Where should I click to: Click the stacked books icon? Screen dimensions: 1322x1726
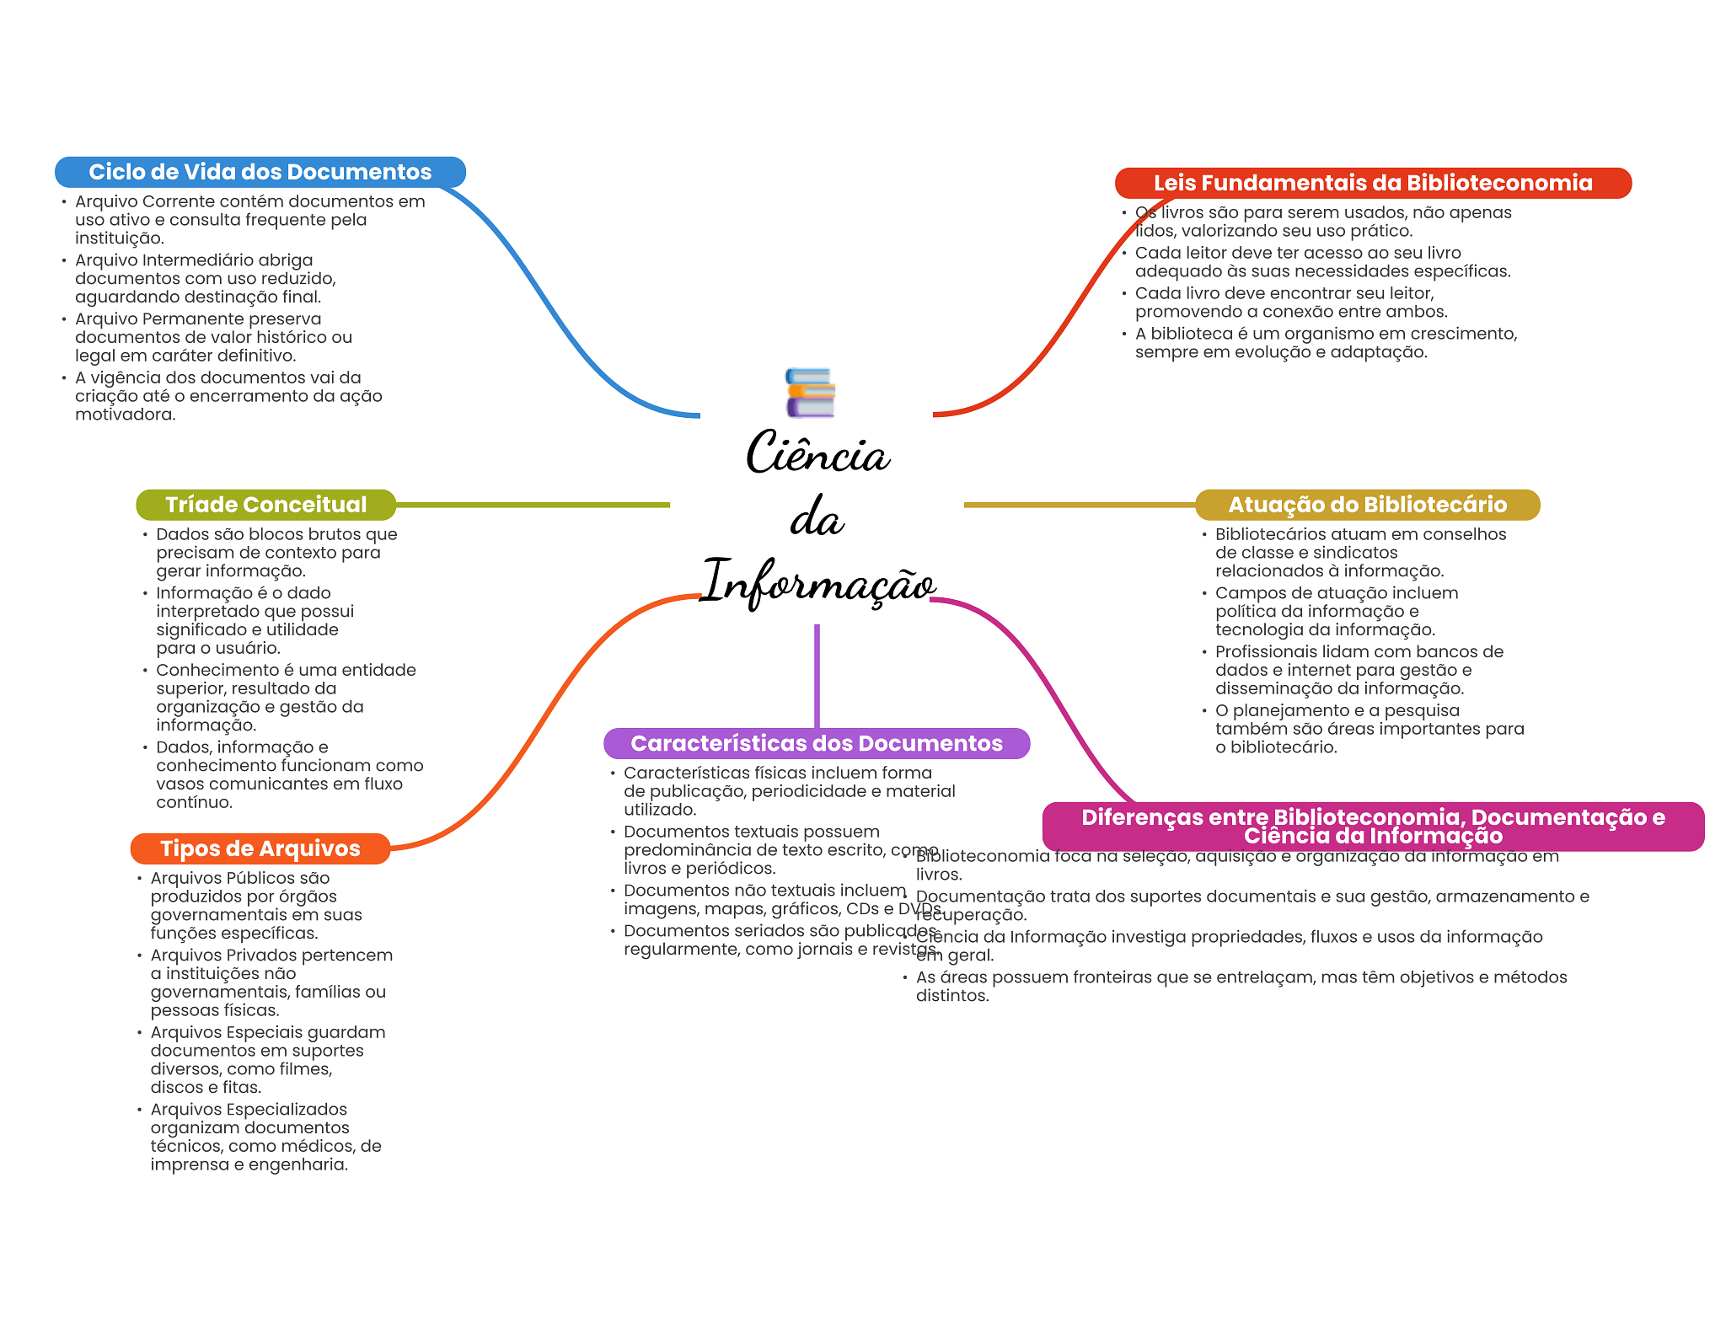(x=810, y=393)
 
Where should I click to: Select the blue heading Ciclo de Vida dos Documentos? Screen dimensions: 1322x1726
(x=260, y=172)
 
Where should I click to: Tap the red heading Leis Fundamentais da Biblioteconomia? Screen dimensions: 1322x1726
(x=1372, y=183)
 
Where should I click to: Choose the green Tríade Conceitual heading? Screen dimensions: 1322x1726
(x=265, y=505)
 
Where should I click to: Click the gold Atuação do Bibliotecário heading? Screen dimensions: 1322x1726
(x=1367, y=505)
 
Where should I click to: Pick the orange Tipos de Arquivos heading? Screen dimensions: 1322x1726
(x=260, y=848)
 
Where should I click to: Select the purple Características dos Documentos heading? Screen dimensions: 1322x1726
(x=816, y=743)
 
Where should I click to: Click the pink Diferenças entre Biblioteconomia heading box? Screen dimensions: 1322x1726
(x=1372, y=827)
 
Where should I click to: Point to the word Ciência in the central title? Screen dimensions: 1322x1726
(x=817, y=454)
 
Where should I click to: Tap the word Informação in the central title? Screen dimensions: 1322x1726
(x=817, y=582)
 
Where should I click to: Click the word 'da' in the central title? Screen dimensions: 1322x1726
(x=817, y=518)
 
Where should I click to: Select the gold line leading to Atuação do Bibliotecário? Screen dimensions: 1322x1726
(x=1079, y=505)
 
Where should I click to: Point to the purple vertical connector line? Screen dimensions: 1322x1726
(x=817, y=674)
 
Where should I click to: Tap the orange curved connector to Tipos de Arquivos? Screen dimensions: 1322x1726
(x=548, y=716)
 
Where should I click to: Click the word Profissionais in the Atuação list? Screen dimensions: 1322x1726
(x=1265, y=652)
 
